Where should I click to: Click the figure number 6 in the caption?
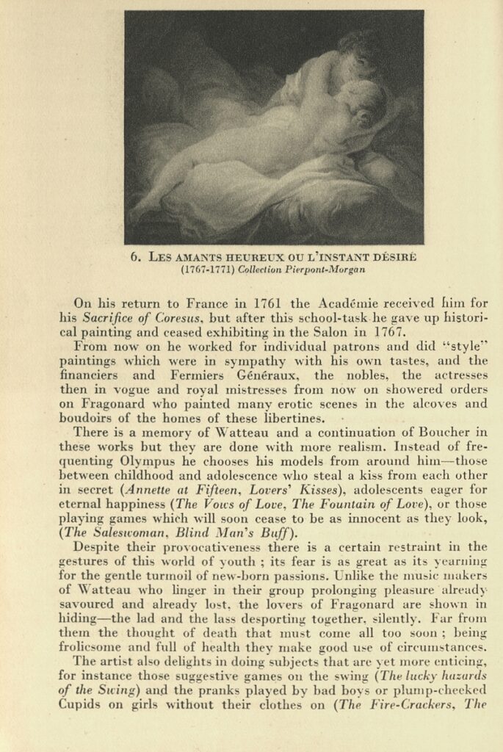134,257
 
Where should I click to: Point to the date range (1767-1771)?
206,270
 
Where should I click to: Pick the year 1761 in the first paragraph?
268,303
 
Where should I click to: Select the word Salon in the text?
337,331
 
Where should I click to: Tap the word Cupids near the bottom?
81,704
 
